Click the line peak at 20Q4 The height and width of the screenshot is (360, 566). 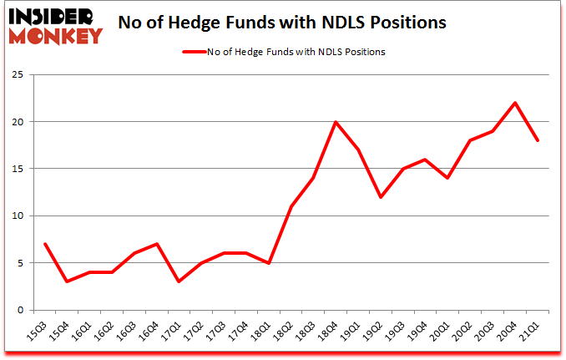coord(515,103)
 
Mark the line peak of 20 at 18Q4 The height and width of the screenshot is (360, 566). coord(336,122)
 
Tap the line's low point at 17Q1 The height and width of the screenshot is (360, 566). coord(178,281)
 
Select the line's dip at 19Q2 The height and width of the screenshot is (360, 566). coord(380,197)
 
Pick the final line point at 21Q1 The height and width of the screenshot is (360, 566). coord(538,140)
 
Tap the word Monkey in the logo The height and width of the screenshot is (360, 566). coord(57,35)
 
